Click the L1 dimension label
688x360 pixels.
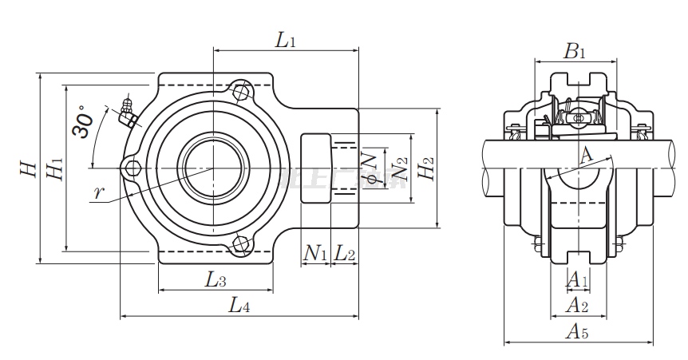click(285, 41)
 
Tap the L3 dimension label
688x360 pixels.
click(215, 279)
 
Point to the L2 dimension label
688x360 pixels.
click(345, 254)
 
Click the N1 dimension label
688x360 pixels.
click(316, 254)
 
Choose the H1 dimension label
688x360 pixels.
click(54, 169)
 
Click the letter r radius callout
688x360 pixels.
click(98, 192)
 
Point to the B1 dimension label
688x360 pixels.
click(575, 53)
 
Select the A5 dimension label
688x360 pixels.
click(578, 333)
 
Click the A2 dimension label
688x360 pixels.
click(577, 304)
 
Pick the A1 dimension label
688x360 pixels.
click(577, 279)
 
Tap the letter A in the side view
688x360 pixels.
click(587, 155)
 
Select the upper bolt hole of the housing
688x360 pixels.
click(240, 91)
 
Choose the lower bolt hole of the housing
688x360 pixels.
click(240, 244)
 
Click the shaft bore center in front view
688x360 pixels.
click(212, 168)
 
